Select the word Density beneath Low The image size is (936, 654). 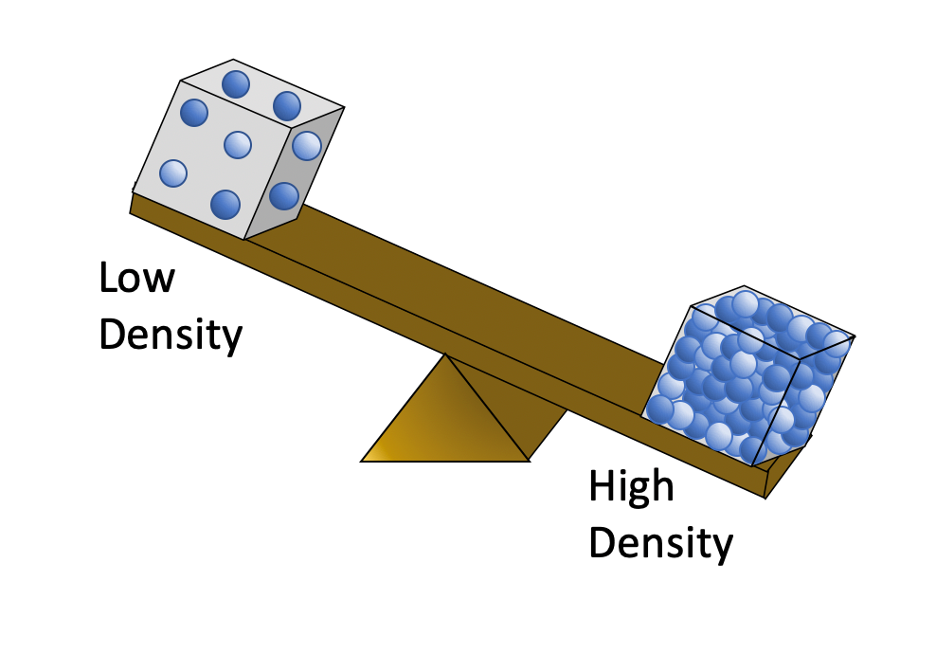171,336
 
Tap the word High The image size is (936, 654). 631,487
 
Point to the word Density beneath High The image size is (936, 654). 660,544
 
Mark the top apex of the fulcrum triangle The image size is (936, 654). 445,354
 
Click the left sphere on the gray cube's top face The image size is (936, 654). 236,84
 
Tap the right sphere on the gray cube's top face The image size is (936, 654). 287,105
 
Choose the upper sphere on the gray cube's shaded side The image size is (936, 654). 306,146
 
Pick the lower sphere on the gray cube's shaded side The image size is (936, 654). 283,195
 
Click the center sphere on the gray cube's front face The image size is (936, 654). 238,144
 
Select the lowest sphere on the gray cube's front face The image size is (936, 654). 225,203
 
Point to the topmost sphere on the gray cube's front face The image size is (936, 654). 194,113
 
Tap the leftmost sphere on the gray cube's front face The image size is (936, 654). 172,173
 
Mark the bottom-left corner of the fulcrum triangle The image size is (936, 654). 363,460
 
